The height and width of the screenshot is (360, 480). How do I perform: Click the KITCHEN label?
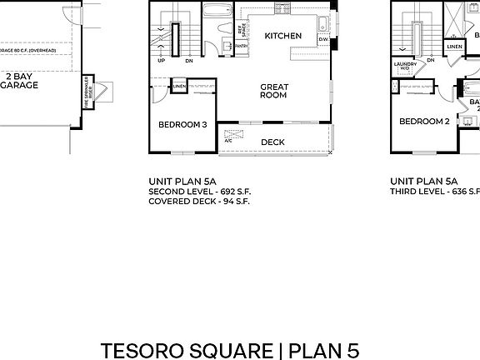pyautogui.click(x=282, y=36)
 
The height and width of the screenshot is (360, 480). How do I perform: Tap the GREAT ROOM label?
pyautogui.click(x=273, y=91)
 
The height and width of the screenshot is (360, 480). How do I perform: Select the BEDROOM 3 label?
pyautogui.click(x=182, y=125)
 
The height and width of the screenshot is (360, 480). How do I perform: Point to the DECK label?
pyautogui.click(x=272, y=142)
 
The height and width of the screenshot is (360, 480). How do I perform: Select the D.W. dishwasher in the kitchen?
pyautogui.click(x=322, y=39)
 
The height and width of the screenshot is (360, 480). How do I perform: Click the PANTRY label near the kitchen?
pyautogui.click(x=241, y=47)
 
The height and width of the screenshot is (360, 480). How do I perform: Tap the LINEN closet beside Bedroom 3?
pyautogui.click(x=179, y=86)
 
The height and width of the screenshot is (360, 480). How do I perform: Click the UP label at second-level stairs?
pyautogui.click(x=161, y=61)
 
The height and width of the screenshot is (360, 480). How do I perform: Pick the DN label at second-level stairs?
pyautogui.click(x=189, y=61)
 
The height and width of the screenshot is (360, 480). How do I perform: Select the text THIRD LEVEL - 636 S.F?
pyautogui.click(x=434, y=191)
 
